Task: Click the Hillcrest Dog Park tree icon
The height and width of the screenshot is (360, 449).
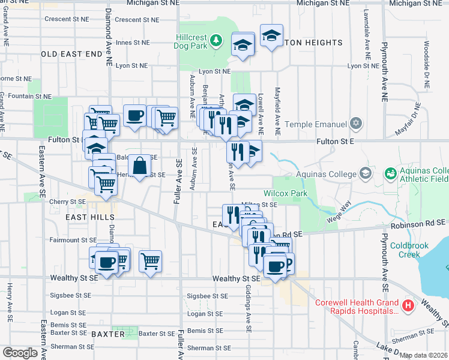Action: click(x=217, y=41)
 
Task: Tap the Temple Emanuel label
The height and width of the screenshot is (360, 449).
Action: click(x=316, y=124)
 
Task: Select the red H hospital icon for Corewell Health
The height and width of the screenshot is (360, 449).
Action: click(x=408, y=306)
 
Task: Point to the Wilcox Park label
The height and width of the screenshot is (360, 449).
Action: click(x=285, y=194)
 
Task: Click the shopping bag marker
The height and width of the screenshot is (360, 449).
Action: click(x=139, y=166)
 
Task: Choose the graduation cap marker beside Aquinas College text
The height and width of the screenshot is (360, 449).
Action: click(x=365, y=173)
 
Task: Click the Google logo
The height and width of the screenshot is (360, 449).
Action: click(x=20, y=353)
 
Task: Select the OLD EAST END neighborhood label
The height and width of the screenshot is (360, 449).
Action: click(x=72, y=54)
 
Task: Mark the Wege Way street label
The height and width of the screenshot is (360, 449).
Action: click(x=338, y=214)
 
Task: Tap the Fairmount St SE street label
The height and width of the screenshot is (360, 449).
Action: click(x=73, y=240)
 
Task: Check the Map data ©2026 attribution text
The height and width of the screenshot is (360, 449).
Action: click(x=424, y=355)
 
